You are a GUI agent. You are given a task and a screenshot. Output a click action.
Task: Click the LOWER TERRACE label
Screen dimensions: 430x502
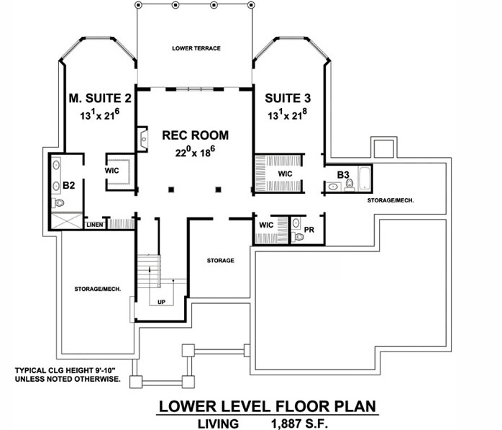coord(196,48)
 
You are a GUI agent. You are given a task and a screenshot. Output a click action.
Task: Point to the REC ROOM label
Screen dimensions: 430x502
coord(195,135)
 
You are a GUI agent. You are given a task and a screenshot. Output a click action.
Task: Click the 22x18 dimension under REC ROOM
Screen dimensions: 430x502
coord(195,152)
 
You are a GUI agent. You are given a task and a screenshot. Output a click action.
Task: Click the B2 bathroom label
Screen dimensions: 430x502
coord(69,185)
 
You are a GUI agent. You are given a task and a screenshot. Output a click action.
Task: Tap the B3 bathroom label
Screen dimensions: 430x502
coord(343,174)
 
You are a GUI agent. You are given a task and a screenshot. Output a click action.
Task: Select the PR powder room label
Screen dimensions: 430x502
coord(309,230)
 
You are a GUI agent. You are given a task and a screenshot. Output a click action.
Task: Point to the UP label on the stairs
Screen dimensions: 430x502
coord(161,302)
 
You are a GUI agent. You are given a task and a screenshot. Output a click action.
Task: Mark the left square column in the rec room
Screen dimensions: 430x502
coord(171,190)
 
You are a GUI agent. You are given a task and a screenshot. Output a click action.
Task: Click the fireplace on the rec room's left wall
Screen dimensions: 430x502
coord(142,137)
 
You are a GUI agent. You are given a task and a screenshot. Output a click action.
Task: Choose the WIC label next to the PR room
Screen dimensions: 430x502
coord(265,225)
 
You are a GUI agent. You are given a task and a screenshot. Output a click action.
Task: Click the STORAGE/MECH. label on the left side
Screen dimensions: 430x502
coord(97,289)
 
